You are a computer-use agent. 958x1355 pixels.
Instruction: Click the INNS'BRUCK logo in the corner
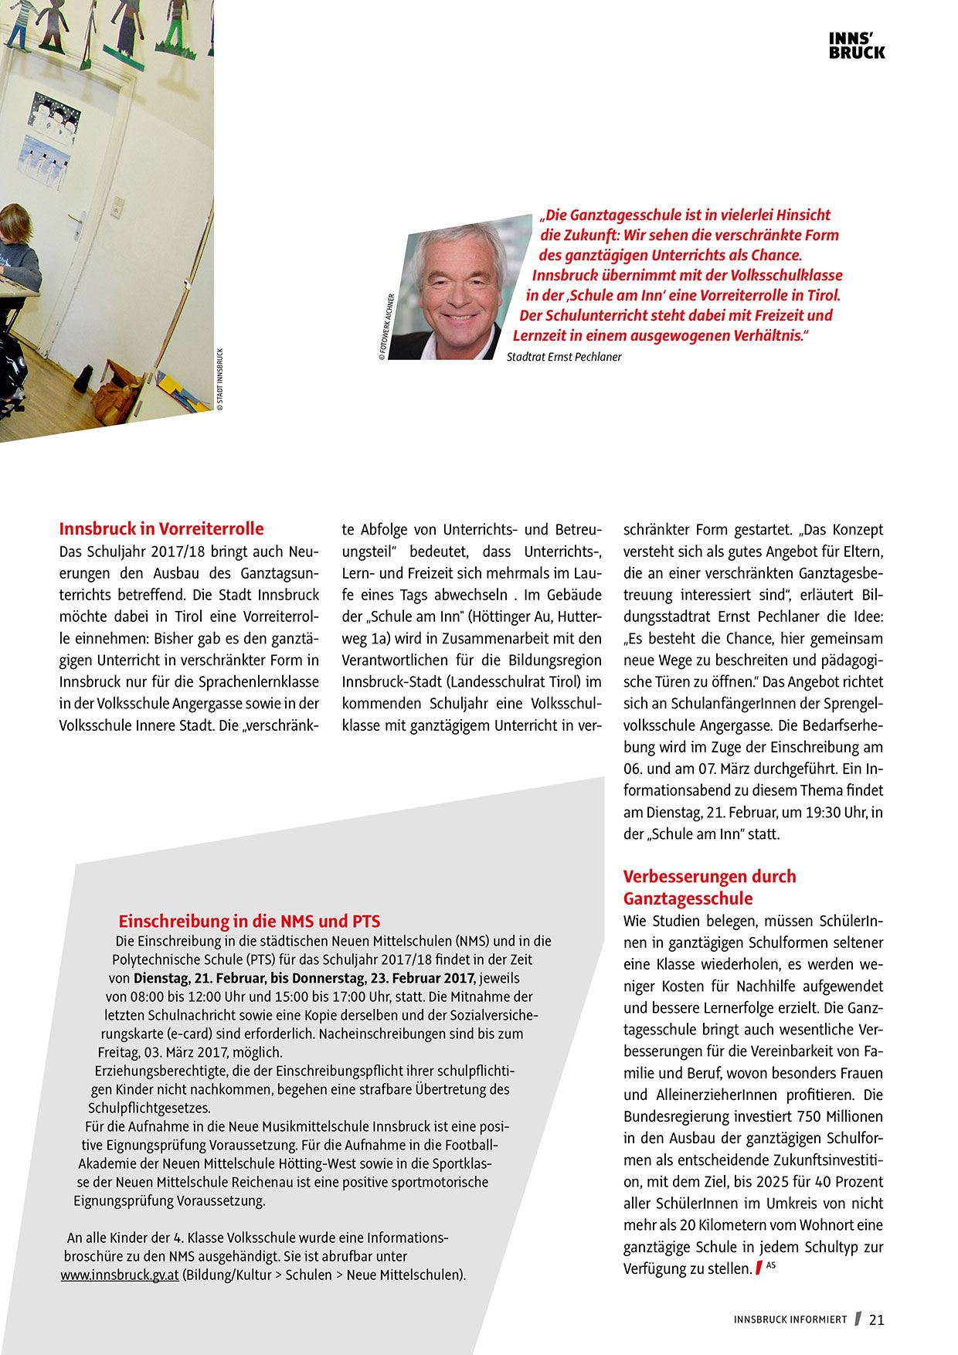[x=857, y=46]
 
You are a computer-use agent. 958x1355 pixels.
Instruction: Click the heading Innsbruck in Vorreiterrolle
[x=161, y=529]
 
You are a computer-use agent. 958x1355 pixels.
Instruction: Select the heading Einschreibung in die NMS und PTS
[x=249, y=921]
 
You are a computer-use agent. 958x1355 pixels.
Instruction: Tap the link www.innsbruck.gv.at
[x=120, y=1275]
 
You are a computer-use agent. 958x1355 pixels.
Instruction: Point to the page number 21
[x=877, y=1319]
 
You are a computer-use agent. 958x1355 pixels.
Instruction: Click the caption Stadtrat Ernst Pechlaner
[x=564, y=357]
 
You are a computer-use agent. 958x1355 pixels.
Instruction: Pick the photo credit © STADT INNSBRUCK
[x=219, y=379]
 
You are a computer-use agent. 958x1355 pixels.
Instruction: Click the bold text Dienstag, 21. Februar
[x=199, y=978]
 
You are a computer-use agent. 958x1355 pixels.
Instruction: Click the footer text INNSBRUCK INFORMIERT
[x=790, y=1319]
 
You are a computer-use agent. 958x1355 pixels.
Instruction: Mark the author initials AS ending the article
[x=771, y=1265]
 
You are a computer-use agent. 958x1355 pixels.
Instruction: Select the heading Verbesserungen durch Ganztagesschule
[x=709, y=888]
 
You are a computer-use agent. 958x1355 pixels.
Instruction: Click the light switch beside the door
[x=117, y=207]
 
